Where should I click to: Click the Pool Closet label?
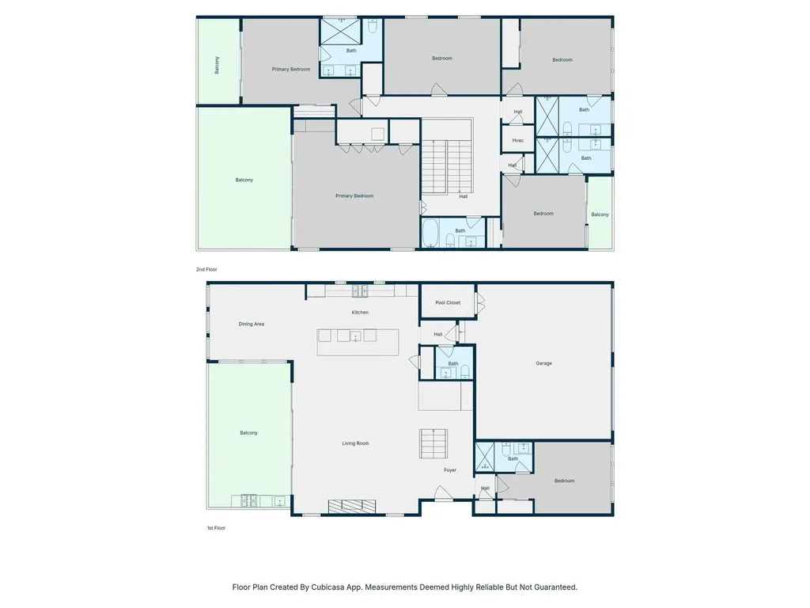[448, 303]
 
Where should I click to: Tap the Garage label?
[543, 363]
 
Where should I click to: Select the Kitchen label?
[360, 312]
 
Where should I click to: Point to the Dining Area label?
[251, 324]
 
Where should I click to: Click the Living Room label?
[355, 443]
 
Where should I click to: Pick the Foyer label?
[450, 470]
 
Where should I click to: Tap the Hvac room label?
[517, 141]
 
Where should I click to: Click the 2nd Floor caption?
[206, 269]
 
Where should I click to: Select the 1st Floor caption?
[216, 528]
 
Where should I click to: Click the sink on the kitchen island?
[355, 336]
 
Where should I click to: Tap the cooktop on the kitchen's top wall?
[360, 291]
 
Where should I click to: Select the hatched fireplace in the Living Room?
[352, 506]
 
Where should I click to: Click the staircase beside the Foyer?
[433, 443]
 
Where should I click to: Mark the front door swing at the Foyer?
[443, 493]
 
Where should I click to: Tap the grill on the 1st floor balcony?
[248, 501]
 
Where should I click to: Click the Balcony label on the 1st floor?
[248, 433]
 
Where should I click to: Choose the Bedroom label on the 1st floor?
[564, 481]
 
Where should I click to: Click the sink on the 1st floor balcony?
[279, 501]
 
